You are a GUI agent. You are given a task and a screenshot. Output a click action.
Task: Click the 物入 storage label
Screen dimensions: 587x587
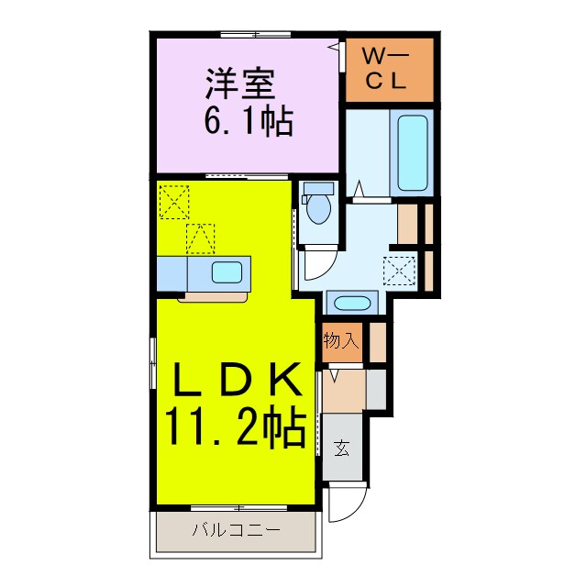pos(340,341)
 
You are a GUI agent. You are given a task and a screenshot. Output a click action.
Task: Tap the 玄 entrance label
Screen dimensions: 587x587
pos(341,449)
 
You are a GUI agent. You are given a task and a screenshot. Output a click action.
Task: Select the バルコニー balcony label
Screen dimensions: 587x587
pos(236,530)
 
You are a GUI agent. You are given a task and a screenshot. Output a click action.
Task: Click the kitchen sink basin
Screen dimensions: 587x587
pos(227,272)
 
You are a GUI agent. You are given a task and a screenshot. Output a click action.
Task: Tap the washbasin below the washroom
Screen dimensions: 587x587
pos(348,304)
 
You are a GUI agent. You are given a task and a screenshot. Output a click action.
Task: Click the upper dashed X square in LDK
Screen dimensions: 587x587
pos(173,200)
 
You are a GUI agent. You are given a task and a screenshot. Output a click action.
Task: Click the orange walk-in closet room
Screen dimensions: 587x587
pos(388,72)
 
